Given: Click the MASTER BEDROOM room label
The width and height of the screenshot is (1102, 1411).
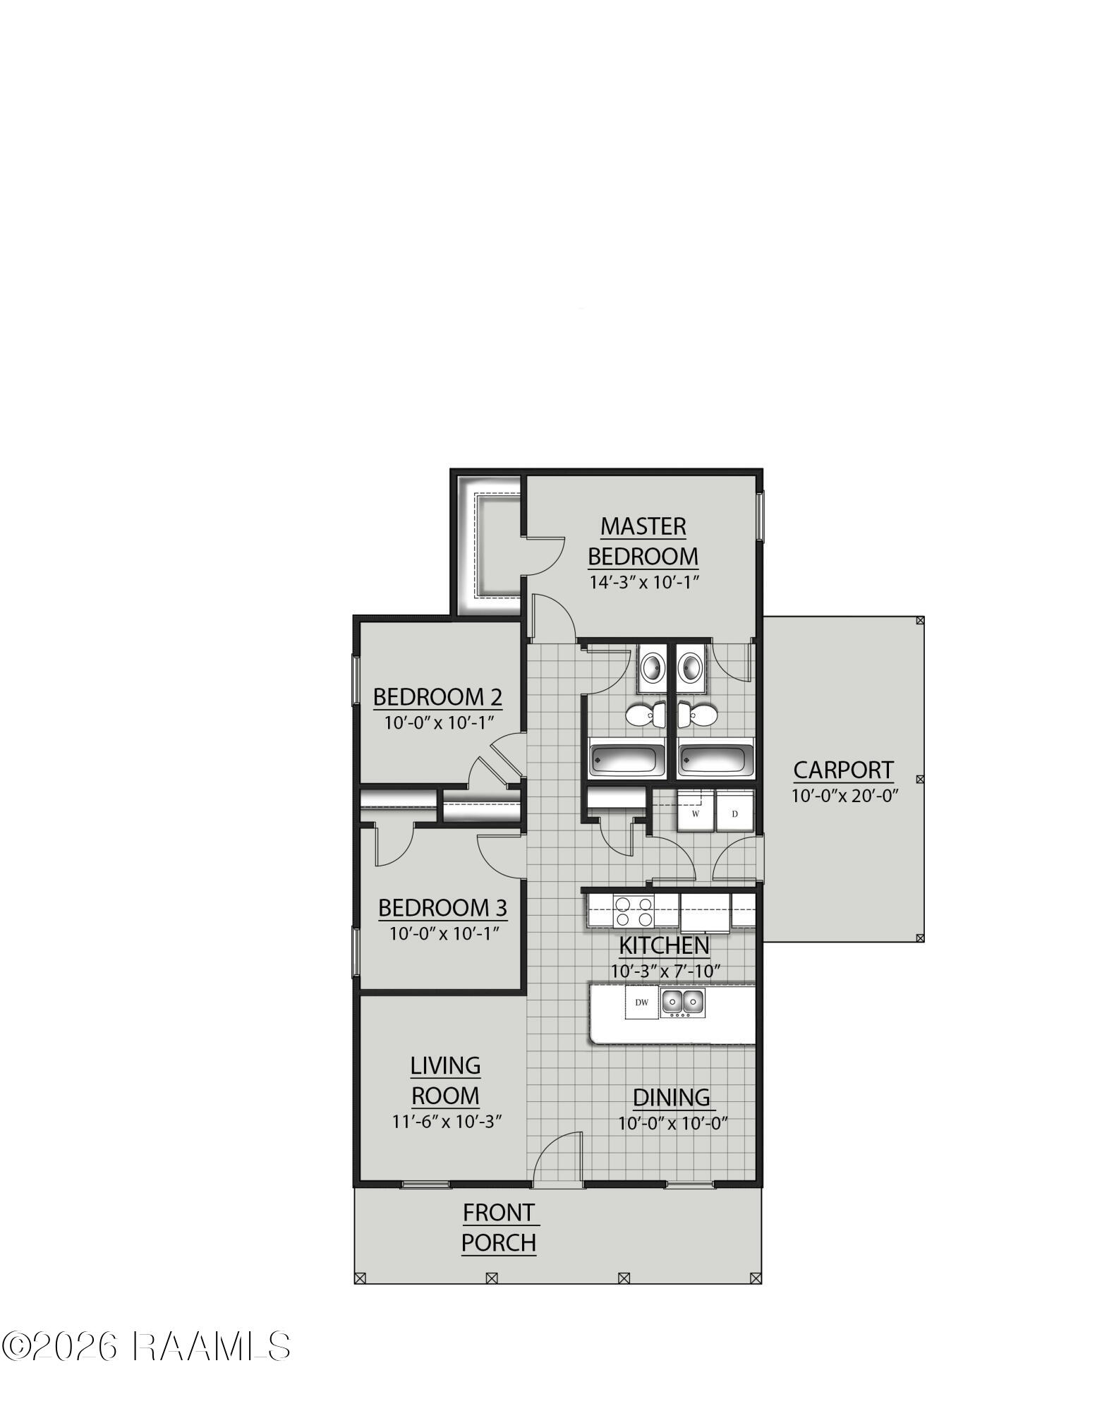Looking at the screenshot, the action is point(643,541).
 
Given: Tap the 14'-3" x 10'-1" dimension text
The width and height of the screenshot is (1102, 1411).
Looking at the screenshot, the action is point(643,583).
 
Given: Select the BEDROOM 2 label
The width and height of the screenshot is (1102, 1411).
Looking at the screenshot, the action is point(437,697).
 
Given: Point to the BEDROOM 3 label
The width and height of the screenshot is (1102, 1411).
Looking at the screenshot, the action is point(442,907).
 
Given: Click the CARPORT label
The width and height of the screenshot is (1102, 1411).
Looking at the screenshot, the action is point(843,770).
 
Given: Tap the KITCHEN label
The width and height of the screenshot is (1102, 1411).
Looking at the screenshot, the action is point(664,945).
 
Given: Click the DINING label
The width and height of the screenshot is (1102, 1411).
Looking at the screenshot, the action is point(671,1098).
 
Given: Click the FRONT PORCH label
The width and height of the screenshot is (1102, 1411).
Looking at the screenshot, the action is point(499,1228).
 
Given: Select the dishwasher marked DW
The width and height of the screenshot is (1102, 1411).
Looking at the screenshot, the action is point(641,1003).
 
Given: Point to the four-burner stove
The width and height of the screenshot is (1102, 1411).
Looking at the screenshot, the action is point(633,911).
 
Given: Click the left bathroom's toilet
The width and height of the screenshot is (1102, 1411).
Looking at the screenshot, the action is point(646,715).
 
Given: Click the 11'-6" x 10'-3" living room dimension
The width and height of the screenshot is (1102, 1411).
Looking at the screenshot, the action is point(447,1122).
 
